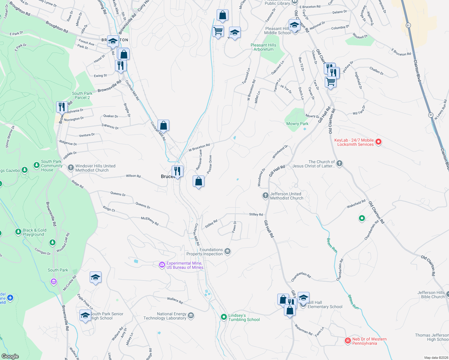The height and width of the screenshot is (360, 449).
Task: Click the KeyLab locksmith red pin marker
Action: click(x=378, y=142)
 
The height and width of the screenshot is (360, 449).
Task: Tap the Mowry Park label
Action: click(x=297, y=124)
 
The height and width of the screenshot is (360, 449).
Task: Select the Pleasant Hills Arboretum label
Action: click(x=264, y=47)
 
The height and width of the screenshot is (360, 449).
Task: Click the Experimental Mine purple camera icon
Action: click(x=162, y=265)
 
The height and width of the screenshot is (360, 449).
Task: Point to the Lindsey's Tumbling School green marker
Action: click(x=224, y=317)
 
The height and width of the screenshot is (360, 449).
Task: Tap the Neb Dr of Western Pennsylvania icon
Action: click(x=348, y=340)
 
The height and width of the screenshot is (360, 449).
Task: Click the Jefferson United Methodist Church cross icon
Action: click(x=265, y=196)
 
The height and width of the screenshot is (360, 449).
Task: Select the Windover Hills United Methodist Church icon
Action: click(x=71, y=167)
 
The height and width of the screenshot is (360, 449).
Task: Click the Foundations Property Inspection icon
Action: click(x=228, y=251)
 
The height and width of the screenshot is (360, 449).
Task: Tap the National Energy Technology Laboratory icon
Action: click(x=191, y=316)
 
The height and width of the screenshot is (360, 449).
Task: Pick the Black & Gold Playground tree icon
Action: click(x=18, y=232)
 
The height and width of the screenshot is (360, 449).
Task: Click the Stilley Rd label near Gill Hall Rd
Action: click(x=256, y=214)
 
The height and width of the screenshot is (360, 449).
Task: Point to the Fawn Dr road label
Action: click(x=234, y=226)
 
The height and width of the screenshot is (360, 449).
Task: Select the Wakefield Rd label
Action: click(x=356, y=204)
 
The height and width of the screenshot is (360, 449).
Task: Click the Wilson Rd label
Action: click(x=133, y=176)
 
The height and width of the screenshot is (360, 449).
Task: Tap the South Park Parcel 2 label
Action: click(x=82, y=95)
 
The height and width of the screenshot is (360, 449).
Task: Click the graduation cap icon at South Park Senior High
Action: click(x=86, y=316)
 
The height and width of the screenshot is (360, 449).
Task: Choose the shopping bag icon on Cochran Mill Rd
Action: click(x=163, y=125)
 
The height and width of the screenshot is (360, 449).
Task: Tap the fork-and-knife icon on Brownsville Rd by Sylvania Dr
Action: click(x=62, y=107)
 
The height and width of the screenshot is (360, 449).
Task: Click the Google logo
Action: click(x=10, y=356)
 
